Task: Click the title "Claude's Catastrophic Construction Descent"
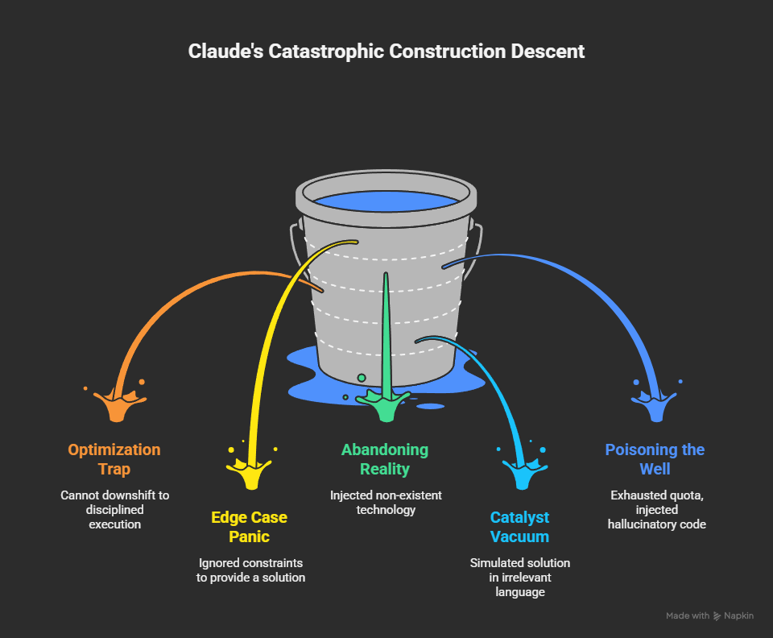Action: pyautogui.click(x=386, y=52)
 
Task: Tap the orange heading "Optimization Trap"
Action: pyautogui.click(x=114, y=458)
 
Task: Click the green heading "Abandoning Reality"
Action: pyautogui.click(x=385, y=458)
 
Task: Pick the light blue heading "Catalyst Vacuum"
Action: pyautogui.click(x=519, y=526)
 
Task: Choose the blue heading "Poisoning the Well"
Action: pyautogui.click(x=654, y=458)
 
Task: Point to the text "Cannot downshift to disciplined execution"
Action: pyautogui.click(x=114, y=509)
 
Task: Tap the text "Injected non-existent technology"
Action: pyautogui.click(x=386, y=502)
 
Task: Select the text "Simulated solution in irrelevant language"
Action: pyautogui.click(x=519, y=577)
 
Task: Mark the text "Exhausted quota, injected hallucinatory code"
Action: pyautogui.click(x=654, y=509)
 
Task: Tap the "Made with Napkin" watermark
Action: pyautogui.click(x=709, y=615)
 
